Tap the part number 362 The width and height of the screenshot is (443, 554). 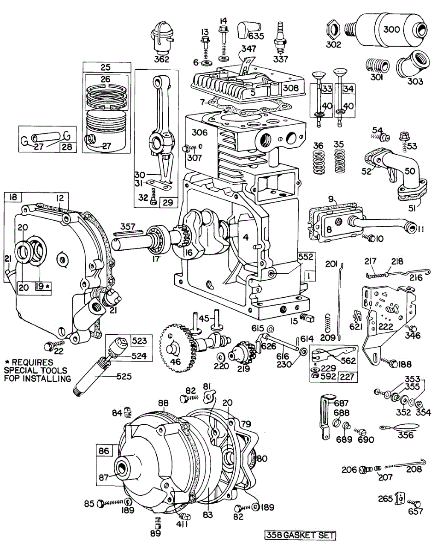[162, 60]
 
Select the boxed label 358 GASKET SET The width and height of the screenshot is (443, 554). [300, 536]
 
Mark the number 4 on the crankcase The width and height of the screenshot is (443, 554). [246, 237]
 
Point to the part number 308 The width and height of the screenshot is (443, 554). [291, 88]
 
